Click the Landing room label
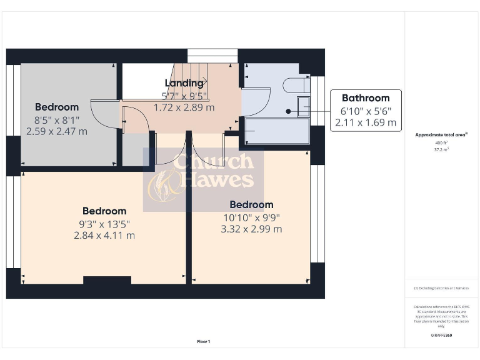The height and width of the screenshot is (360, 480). pos(184,83)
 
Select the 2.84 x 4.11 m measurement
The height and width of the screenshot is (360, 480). pos(104,236)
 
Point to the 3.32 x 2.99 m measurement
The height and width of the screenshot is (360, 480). pos(251,229)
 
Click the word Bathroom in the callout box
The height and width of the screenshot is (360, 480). pos(366,98)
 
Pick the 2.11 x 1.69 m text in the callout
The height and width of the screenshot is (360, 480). pos(366,122)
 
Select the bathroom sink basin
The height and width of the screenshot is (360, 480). pos(304,107)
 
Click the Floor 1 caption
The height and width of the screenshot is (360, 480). pos(204,342)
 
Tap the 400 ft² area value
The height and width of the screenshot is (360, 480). pos(442,143)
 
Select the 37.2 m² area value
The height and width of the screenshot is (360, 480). pos(442,150)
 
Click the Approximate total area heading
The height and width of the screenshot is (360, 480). pos(441,134)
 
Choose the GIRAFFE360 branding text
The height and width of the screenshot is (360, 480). pos(441,336)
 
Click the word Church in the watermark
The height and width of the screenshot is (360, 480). pos(214,162)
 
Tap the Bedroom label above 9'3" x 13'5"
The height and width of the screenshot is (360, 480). pos(104,211)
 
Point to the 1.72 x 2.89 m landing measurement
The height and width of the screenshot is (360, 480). pos(184,107)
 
